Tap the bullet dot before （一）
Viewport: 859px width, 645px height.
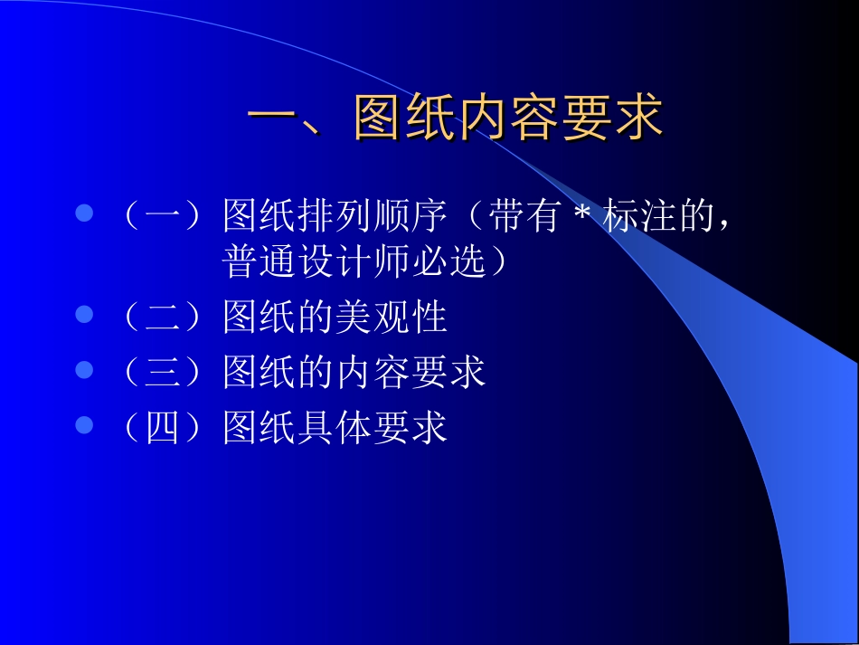(x=84, y=214)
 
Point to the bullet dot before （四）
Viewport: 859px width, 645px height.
(x=84, y=425)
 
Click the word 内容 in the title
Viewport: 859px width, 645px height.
(x=507, y=119)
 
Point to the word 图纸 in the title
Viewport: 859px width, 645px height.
(x=403, y=119)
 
